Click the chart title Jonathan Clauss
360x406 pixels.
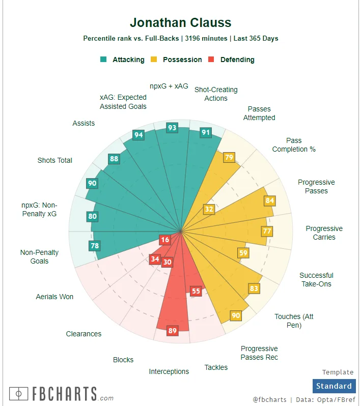pos(180,22)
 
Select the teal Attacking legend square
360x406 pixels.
pos(104,60)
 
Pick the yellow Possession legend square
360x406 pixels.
pos(154,60)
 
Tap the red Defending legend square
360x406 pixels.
pos(211,60)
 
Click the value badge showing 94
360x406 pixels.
pos(138,135)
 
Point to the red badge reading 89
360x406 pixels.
pos(172,331)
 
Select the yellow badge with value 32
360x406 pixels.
pos(209,209)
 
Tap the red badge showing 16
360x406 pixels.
pos(164,240)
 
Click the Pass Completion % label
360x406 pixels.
pos(294,145)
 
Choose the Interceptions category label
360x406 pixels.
pos(169,371)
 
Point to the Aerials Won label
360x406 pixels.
pos(54,297)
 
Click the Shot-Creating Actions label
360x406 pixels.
pos(216,94)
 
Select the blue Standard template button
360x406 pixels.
pos(334,386)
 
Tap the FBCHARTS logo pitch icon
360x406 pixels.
pos(19,393)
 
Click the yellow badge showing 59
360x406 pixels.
pos(243,253)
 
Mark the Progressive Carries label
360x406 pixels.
pos(324,233)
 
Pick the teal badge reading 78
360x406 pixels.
pos(94,246)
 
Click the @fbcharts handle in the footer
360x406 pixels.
pos(269,400)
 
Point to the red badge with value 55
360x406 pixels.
pos(196,291)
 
